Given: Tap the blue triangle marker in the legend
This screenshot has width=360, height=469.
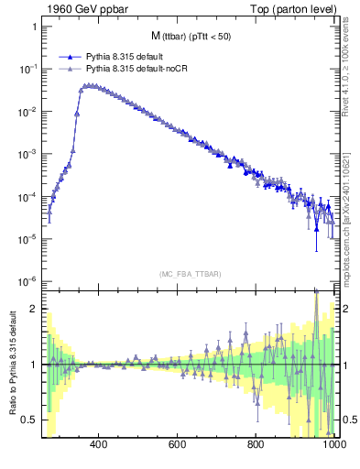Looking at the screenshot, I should tap(71, 57).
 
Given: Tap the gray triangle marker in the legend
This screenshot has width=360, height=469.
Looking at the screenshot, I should tap(71, 69).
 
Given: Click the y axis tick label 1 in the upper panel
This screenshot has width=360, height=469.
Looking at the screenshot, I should tap(33, 27).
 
